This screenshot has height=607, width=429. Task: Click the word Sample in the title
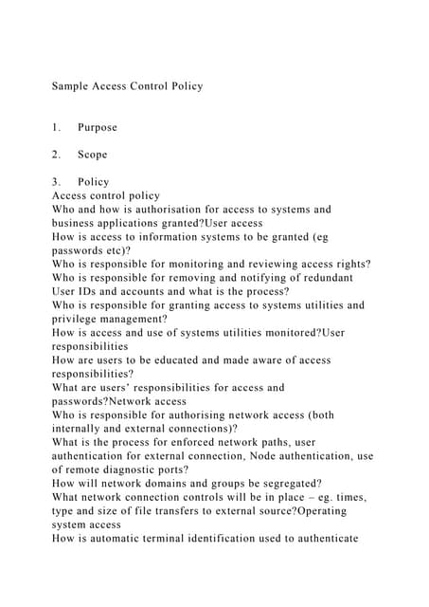[x=69, y=86]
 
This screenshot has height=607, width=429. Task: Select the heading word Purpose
[x=98, y=127]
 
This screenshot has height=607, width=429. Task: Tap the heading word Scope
[x=93, y=155]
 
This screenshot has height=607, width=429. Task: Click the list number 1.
[x=55, y=127]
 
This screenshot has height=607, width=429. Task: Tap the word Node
[x=249, y=456]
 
